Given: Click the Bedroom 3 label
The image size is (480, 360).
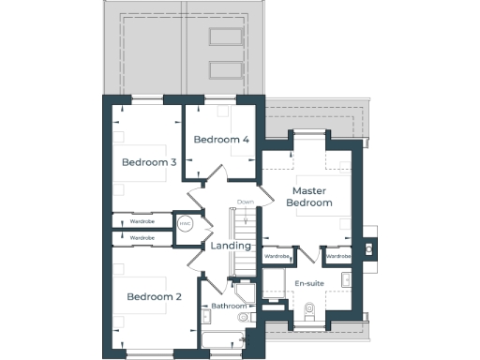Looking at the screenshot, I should click(149, 162).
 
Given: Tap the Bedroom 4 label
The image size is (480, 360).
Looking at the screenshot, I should click(221, 140).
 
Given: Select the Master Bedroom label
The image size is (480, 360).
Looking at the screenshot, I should click(309, 197).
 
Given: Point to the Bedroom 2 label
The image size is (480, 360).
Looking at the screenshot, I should click(154, 297).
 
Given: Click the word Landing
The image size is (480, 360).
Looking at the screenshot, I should click(231, 246).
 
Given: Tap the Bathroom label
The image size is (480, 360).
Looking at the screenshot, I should click(228, 306).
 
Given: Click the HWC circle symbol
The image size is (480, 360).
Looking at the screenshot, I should click(185, 224).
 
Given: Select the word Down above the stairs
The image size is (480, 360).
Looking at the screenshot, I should click(246, 202).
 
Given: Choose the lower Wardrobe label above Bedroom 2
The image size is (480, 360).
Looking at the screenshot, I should click(142, 238).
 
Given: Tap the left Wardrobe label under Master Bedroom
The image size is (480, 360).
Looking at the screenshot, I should click(277, 255).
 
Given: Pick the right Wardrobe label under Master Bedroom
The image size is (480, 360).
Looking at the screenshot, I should click(337, 255).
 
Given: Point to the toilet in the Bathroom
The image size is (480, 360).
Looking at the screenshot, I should click(246, 318).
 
